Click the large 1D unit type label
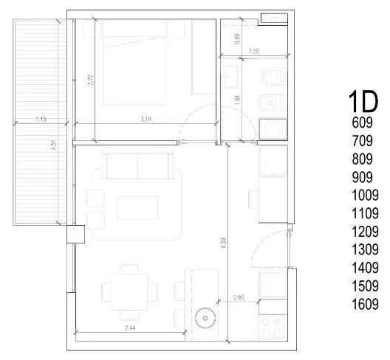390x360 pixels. pyautogui.click(x=363, y=102)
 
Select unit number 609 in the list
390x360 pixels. pyautogui.click(x=363, y=122)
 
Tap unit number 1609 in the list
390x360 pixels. pyautogui.click(x=365, y=304)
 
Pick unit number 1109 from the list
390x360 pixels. pyautogui.click(x=365, y=213)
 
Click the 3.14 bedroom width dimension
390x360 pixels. pyautogui.click(x=146, y=119)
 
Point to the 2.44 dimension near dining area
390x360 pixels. pyautogui.click(x=130, y=328)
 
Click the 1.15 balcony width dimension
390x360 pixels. pyautogui.click(x=41, y=119)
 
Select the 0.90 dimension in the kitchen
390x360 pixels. pyautogui.click(x=239, y=297)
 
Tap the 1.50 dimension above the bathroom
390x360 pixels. pyautogui.click(x=254, y=51)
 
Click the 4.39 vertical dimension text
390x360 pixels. pyautogui.click(x=224, y=243)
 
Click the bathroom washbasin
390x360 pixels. pyautogui.click(x=230, y=77)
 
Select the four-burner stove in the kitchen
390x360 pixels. pyautogui.click(x=271, y=328)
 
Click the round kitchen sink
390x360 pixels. pyautogui.click(x=205, y=318)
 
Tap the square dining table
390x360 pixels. pyautogui.click(x=129, y=292)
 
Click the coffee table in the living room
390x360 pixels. pyautogui.click(x=138, y=208)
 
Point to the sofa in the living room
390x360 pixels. pyautogui.click(x=137, y=163)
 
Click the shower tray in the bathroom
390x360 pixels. pyautogui.click(x=273, y=129)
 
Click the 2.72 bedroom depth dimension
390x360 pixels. pyautogui.click(x=91, y=80)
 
